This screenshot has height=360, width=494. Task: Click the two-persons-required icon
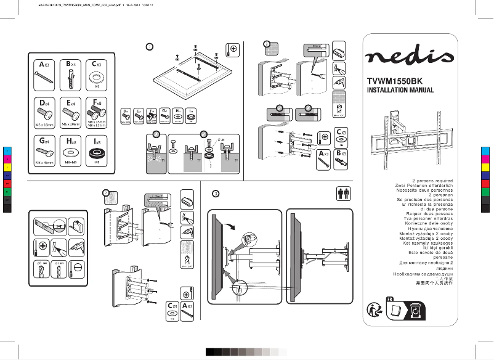[344, 194]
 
